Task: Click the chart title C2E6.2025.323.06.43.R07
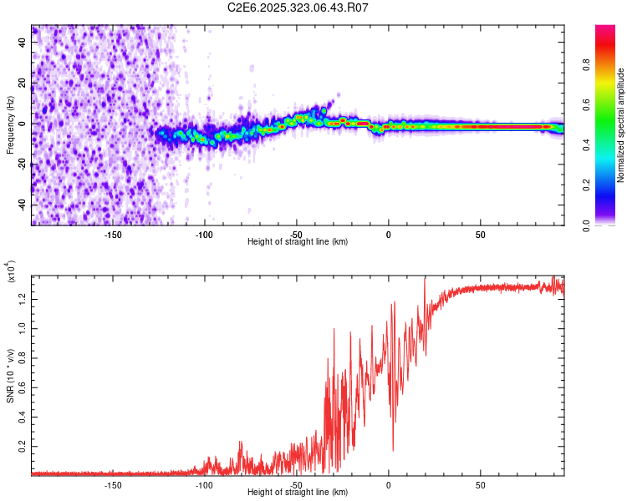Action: pos(298,8)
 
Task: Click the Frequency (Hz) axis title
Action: pos(11,124)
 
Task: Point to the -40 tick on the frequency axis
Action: pos(22,205)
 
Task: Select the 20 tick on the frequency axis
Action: pos(23,83)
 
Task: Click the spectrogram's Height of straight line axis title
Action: pos(298,241)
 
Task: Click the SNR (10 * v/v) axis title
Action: pos(11,373)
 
